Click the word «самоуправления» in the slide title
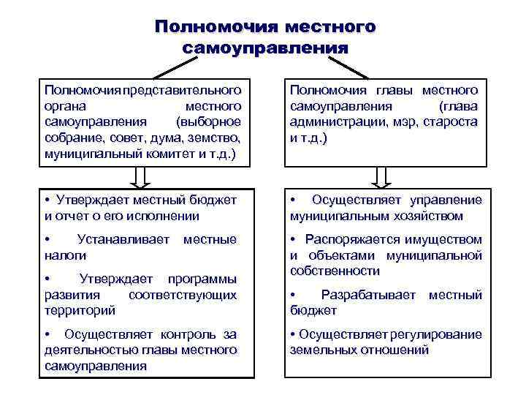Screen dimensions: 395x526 point(264,48)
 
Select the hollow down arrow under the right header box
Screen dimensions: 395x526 point(381,177)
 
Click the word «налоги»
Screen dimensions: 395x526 point(65,255)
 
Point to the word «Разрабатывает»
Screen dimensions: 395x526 point(368,295)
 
